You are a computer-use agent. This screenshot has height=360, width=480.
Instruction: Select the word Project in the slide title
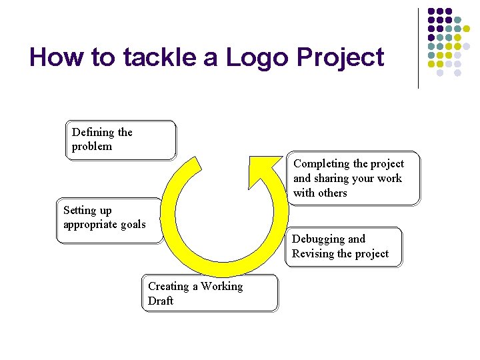pyautogui.click(x=340, y=59)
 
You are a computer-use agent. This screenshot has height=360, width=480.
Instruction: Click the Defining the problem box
pyautogui.click(x=121, y=140)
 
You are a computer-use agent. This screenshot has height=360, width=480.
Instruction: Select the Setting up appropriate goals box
pyautogui.click(x=109, y=220)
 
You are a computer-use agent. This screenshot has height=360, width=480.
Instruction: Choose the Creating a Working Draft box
pyautogui.click(x=210, y=293)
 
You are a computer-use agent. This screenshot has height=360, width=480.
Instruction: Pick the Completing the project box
pyautogui.click(x=354, y=178)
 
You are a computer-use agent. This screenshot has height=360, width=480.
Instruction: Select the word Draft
pyautogui.click(x=161, y=301)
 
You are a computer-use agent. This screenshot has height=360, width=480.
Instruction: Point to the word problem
pyautogui.click(x=92, y=147)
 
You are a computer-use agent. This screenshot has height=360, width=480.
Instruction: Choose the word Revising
pyautogui.click(x=313, y=254)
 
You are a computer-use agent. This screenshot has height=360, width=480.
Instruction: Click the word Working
pyautogui.click(x=221, y=287)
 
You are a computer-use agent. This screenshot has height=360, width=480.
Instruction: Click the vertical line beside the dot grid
pyautogui.click(x=419, y=48)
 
